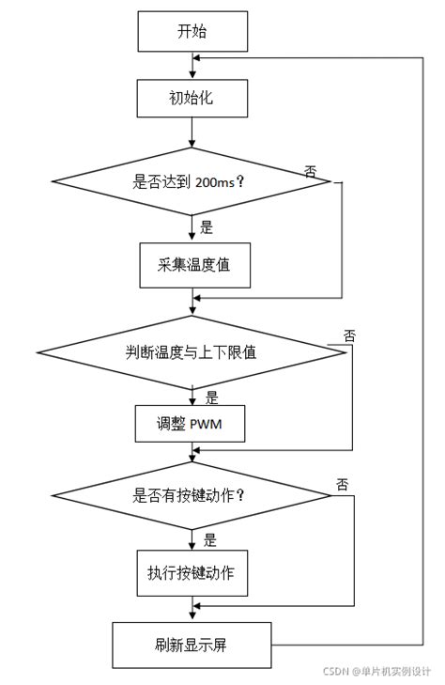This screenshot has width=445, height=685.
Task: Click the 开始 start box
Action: [192, 32]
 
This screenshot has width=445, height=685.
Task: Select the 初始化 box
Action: [192, 97]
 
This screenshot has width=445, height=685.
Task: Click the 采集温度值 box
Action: [192, 265]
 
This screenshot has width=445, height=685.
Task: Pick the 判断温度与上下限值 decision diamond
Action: [192, 352]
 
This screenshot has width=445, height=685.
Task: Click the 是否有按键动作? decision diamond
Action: [192, 495]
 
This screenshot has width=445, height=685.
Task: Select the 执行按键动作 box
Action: [192, 572]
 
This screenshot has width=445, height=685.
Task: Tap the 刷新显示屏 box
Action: [192, 645]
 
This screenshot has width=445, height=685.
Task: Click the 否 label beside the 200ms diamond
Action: [311, 169]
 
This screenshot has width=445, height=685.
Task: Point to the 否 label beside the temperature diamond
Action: [349, 335]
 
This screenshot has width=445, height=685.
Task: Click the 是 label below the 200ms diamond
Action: [207, 226]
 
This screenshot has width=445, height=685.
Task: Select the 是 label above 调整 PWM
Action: [211, 397]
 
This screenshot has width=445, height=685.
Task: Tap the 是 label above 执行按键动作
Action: [210, 540]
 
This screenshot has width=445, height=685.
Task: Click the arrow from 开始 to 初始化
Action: [192, 66]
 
